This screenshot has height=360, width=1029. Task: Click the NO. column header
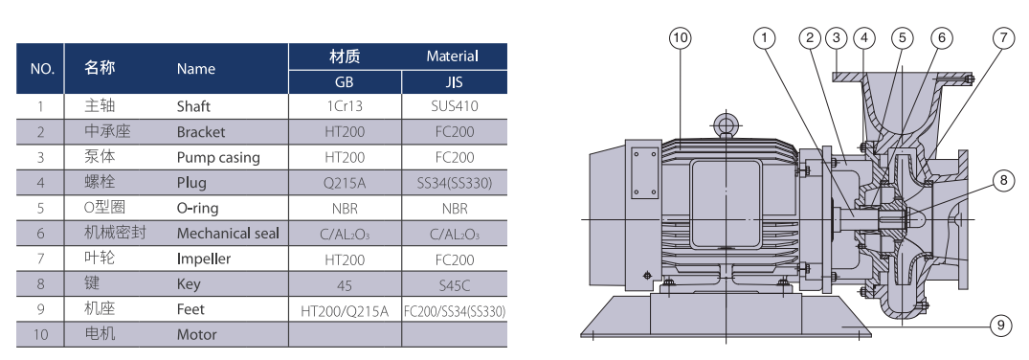(42, 69)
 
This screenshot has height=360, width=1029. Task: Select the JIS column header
(454, 82)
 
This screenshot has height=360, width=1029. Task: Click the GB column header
(344, 82)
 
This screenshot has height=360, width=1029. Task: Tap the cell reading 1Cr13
(344, 106)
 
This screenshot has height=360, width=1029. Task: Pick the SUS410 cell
(454, 106)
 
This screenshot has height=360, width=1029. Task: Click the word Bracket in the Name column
(201, 132)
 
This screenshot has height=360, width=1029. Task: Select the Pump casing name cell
(218, 158)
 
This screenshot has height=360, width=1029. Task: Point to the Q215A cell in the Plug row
(344, 183)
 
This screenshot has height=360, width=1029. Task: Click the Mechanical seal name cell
(228, 234)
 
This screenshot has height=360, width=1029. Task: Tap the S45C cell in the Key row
(454, 285)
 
